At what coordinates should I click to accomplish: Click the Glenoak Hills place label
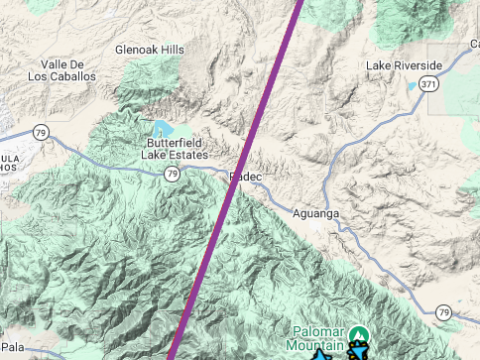tap(150, 49)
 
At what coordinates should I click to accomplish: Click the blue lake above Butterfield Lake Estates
tap(162, 129)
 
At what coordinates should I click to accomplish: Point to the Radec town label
tap(246, 177)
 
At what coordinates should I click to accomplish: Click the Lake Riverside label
tap(404, 65)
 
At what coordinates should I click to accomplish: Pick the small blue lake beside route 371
tap(413, 86)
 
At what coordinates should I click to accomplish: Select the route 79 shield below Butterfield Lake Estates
tap(172, 174)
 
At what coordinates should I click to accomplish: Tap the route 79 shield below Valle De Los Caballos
tap(40, 131)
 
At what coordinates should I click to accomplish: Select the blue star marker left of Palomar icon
tap(322, 354)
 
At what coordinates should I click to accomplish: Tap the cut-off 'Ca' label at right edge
tap(473, 45)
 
